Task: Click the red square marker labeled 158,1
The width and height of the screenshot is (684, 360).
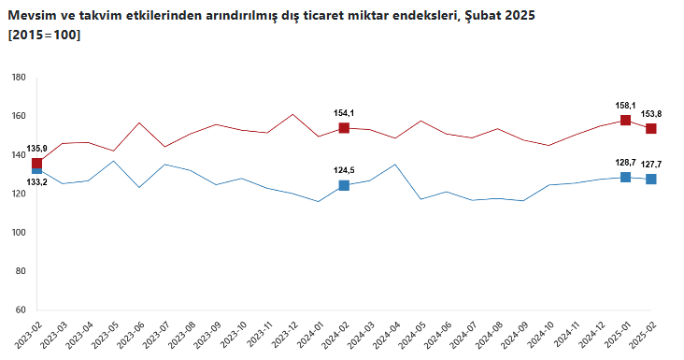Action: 625,120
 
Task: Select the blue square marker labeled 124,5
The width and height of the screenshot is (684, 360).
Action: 344,185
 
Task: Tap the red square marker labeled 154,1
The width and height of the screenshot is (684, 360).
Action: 344,128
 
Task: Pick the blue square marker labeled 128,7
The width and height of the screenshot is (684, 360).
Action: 625,177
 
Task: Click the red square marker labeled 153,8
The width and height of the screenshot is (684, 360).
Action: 651,128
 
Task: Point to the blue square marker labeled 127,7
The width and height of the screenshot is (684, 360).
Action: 651,179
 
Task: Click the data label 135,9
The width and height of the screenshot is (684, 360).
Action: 37,149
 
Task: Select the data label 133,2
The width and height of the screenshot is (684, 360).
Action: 37,182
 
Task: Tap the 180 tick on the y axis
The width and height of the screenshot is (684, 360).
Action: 19,78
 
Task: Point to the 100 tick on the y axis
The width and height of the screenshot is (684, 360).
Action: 19,233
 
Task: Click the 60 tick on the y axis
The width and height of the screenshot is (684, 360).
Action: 21,310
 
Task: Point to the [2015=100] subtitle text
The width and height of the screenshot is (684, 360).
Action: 44,35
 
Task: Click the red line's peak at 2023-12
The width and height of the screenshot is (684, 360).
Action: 292,114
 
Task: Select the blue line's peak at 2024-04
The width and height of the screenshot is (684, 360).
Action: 395,165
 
